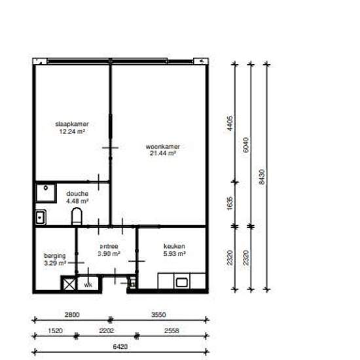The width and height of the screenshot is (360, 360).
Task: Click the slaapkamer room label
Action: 72,124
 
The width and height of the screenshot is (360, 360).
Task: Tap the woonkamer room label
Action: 163,147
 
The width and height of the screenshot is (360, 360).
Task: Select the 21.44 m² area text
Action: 163,153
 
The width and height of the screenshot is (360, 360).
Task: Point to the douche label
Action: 77,194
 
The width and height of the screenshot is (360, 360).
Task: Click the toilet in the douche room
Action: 77,216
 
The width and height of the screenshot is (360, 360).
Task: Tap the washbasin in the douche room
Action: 41,217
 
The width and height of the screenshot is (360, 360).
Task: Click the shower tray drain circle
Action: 45,188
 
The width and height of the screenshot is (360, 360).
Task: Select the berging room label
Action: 54,256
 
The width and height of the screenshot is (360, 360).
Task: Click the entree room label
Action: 109,246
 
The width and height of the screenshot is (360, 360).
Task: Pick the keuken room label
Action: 174,246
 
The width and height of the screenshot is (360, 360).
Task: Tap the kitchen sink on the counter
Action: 181,282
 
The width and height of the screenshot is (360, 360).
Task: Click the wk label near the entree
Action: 88,285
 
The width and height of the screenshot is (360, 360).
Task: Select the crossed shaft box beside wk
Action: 69,284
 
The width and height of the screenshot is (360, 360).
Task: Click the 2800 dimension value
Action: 72,315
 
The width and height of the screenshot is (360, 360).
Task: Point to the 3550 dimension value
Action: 158,315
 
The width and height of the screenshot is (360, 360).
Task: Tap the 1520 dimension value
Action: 56,331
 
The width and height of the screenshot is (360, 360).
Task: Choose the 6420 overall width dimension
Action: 120,347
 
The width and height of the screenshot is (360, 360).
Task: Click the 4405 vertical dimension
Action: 230,123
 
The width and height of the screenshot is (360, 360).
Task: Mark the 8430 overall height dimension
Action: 262,177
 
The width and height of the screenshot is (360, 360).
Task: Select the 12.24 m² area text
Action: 72,132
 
